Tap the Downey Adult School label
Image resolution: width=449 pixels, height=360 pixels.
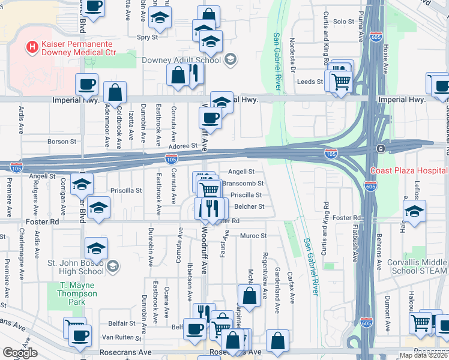[x=181, y=60]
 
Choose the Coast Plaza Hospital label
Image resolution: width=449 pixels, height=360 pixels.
[x=409, y=170]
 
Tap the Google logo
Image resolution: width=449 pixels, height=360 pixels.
[x=20, y=352]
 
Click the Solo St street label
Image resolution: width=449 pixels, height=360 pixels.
[x=344, y=22]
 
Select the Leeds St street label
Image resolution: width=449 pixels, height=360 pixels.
[x=312, y=82]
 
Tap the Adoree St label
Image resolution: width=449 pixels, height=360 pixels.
[x=182, y=146]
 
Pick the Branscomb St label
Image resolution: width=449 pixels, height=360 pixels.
[x=243, y=184]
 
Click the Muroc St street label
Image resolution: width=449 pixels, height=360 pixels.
[x=253, y=236]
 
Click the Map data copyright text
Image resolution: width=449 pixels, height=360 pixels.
[x=423, y=355]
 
